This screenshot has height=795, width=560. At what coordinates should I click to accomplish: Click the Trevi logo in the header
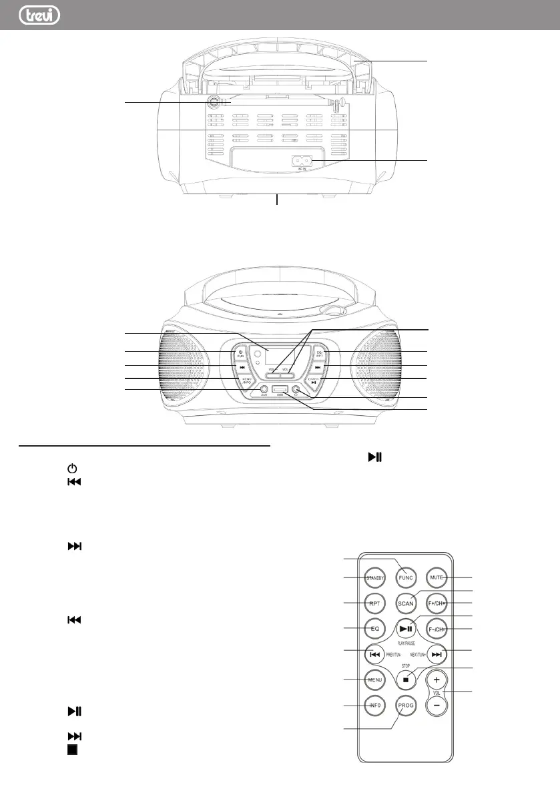[37, 15]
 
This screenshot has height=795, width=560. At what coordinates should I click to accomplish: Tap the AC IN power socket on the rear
[302, 161]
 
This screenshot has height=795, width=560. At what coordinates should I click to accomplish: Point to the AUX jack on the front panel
[264, 389]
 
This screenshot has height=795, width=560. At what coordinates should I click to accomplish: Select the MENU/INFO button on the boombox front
[246, 380]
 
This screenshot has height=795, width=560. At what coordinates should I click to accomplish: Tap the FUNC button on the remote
[405, 577]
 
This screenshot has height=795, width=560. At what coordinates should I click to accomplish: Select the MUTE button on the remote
[437, 577]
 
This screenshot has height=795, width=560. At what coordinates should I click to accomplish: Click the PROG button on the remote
[405, 705]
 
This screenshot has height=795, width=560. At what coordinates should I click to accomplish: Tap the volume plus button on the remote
[437, 680]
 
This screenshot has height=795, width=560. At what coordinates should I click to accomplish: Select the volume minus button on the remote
[437, 705]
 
